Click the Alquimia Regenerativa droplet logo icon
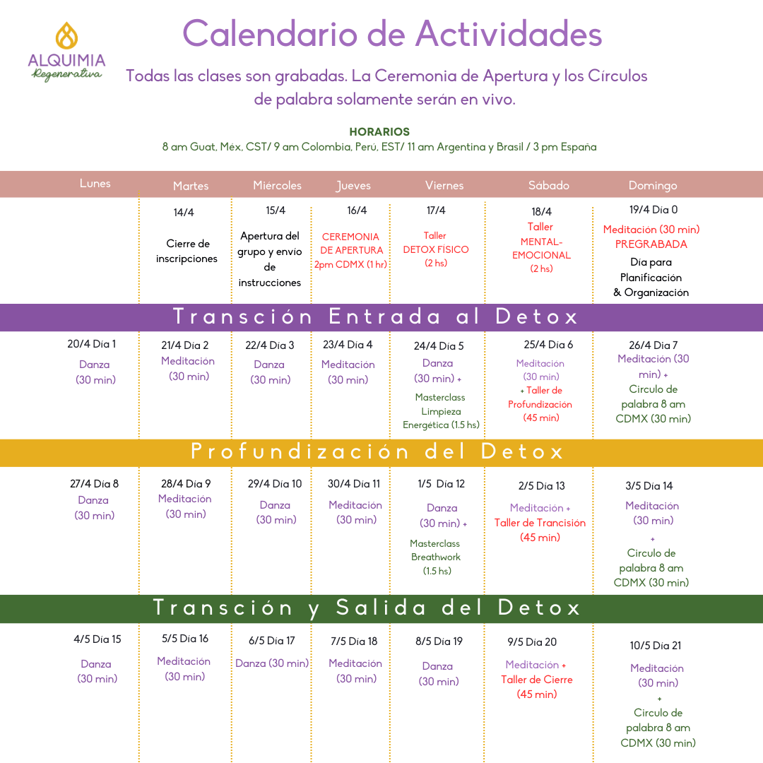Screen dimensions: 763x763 pos(66,35)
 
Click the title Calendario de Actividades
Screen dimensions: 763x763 pos(392,33)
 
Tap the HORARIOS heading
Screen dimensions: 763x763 pos(379,132)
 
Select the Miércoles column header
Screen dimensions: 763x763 pos(277,186)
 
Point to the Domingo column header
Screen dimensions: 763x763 pos(653,186)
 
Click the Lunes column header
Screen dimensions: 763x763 pos(95,184)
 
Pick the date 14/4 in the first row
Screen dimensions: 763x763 pos(184,213)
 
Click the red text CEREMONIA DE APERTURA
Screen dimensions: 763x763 pos(350,244)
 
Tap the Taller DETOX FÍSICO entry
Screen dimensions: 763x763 pos(436,249)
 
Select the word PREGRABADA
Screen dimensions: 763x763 pos(651,244)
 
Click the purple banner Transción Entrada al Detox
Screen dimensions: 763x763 pos(376,317)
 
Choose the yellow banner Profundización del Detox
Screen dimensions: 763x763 pos(378,452)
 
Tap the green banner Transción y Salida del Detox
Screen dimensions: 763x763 pos(367,608)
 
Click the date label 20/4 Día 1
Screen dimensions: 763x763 pos(92,344)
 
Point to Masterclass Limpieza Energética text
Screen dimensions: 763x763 pos(441,411)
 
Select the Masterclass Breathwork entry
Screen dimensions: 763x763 pos(435,550)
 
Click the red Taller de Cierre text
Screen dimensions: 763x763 pos(537,680)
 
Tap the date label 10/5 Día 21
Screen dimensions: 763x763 pos(656,646)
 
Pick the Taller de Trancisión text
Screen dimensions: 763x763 pos(540,523)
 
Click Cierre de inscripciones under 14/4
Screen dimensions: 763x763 pos(187,252)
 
